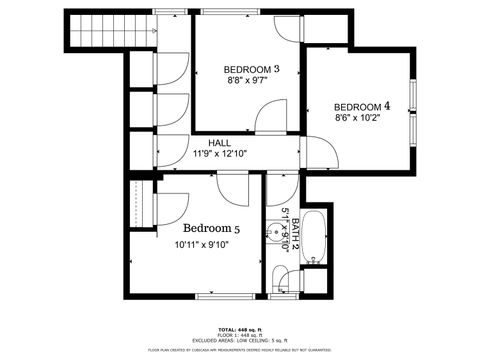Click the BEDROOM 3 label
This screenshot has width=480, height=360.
pos(252,68)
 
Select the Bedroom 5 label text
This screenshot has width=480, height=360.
pos(211,228)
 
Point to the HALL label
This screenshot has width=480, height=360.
pos(218,143)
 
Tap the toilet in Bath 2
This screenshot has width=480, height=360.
pos(283,279)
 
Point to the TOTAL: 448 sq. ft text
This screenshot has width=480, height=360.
pos(240,329)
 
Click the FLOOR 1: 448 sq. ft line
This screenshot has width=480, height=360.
pos(240,335)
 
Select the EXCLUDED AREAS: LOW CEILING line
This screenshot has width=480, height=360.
pos(240,341)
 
